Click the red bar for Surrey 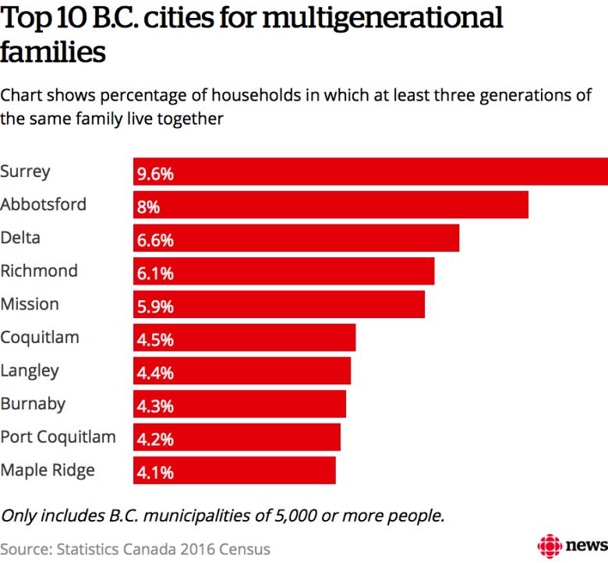coord(370,172)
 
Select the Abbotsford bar coord(331,205)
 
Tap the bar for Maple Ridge coord(234,470)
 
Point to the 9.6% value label coord(155,173)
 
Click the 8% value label coord(148,207)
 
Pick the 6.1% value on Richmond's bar coord(155,273)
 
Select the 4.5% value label coord(155,339)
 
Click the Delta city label coord(20,237)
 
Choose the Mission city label coord(30,303)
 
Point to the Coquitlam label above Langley coord(40,338)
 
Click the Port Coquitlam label coord(58,437)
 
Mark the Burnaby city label coord(33,403)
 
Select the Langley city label coord(30,370)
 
